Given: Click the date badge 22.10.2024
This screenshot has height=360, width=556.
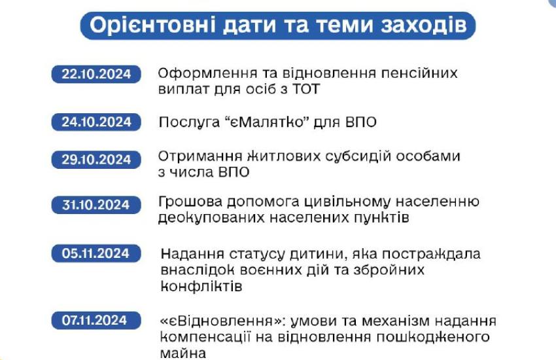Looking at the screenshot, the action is pos(96,74).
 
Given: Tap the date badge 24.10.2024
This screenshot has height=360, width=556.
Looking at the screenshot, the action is pos(96,122).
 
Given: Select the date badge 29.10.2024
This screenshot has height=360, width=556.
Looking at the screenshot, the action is pos(96,159).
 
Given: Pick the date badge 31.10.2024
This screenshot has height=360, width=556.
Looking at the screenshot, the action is pos(96,205).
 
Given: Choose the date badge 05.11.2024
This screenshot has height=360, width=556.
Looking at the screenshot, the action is pos(96,253).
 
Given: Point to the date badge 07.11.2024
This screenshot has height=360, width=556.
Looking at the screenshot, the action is pos(96,320).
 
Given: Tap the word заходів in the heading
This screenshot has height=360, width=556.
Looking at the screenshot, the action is pos(424,25).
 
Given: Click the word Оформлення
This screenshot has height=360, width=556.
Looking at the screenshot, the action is pos(207,74).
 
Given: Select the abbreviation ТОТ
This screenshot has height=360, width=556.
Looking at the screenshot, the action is pos(306,88).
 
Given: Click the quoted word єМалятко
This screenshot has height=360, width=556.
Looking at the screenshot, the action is pos(269,122).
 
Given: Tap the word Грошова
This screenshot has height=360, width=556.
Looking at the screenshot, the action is pos(190,202).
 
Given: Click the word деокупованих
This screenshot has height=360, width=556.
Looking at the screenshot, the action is pos(211,217).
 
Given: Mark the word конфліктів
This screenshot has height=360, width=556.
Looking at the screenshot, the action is pos(201,286).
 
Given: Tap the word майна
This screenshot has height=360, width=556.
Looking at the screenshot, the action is pos(183,353).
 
